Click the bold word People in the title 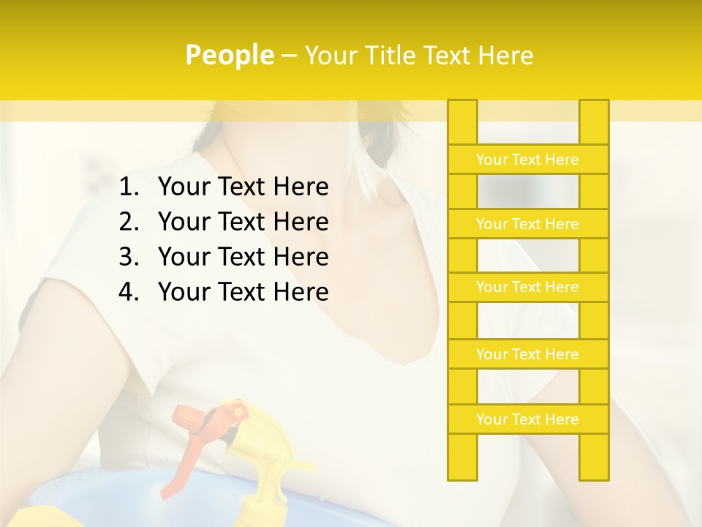tap(229, 56)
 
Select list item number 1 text tap(243, 187)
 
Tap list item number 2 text tap(243, 222)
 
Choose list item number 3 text tap(243, 257)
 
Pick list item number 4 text tap(243, 292)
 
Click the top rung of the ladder tap(527, 160)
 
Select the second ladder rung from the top tap(527, 224)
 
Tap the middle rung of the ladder tap(527, 287)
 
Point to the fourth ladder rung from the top tap(527, 354)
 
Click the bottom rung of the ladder tap(527, 419)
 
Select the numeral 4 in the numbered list tap(127, 293)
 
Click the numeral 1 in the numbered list tap(127, 188)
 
